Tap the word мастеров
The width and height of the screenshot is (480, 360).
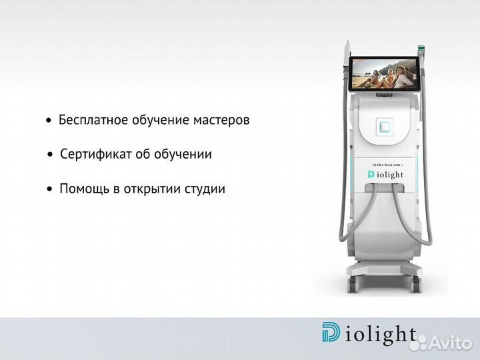221,120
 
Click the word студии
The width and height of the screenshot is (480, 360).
204,189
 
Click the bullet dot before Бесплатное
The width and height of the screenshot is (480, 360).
49,121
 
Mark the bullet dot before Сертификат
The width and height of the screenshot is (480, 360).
49,155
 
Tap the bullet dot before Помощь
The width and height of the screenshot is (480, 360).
49,190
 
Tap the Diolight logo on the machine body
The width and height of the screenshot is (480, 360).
385,174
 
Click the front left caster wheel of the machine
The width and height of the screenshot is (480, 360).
353,287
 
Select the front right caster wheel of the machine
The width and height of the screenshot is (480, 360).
416,287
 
